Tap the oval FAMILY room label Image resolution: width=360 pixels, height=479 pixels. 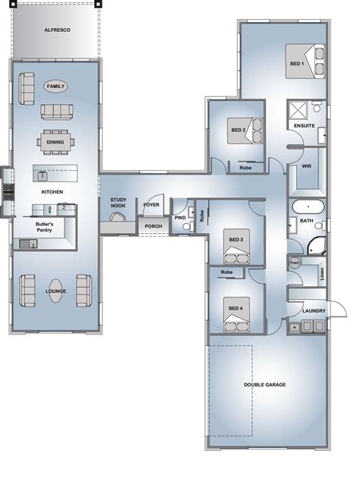[x=55, y=87]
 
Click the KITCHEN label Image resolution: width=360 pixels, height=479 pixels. [x=52, y=193]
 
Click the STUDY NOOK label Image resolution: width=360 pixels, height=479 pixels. [x=118, y=203]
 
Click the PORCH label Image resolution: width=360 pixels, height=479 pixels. [x=153, y=226]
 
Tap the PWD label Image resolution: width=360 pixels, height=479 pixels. [x=180, y=218]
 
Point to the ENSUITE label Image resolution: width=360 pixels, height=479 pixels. [x=304, y=125]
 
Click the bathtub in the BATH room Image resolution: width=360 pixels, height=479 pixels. [x=307, y=206]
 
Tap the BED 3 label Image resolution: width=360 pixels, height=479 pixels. [x=236, y=240]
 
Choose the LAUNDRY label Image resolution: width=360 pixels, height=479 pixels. [x=314, y=310]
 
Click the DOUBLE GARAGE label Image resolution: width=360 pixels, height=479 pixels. [x=264, y=385]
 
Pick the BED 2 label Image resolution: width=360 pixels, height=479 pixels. [x=238, y=130]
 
